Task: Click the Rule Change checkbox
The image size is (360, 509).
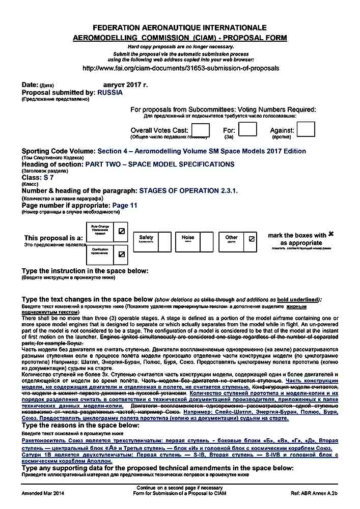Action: pyautogui.click(x=121, y=231)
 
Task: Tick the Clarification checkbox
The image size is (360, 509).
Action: pyautogui.click(x=121, y=253)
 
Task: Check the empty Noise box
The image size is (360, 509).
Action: pyautogui.click(x=206, y=242)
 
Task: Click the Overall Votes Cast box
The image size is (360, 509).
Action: pyautogui.click(x=200, y=130)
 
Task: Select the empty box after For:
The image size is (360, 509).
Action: pyautogui.click(x=247, y=129)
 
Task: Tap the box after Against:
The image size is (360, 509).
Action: pyautogui.click(x=306, y=129)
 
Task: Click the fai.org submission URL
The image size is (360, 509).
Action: pyautogui.click(x=180, y=68)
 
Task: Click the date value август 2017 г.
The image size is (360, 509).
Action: pyautogui.click(x=125, y=84)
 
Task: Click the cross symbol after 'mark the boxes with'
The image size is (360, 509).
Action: pyautogui.click(x=331, y=234)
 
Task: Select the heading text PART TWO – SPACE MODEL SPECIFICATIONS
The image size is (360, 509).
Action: pyautogui.click(x=159, y=164)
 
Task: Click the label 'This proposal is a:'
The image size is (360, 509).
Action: pyautogui.click(x=53, y=238)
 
